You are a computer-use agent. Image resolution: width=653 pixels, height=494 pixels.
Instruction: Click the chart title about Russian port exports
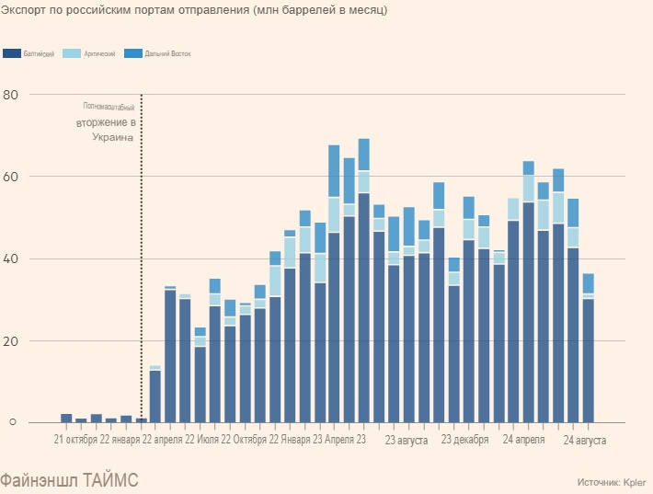[x=194, y=10]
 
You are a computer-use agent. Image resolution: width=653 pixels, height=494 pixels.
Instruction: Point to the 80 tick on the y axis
[x=10, y=95]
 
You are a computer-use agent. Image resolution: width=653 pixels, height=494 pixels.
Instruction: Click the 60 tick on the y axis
[x=10, y=177]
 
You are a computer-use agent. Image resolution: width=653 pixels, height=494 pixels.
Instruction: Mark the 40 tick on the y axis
[x=10, y=258]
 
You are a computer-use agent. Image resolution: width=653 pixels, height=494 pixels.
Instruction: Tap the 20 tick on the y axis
[x=10, y=340]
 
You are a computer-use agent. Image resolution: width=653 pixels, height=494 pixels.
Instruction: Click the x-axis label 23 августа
[x=406, y=441]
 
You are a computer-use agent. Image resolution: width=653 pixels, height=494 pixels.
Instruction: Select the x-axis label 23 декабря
[x=464, y=441]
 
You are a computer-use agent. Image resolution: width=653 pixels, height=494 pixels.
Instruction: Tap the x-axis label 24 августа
[x=585, y=441]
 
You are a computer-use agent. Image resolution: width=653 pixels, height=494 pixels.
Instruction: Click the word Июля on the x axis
[x=208, y=441]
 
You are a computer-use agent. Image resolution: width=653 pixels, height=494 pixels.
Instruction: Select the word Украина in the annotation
[x=112, y=137]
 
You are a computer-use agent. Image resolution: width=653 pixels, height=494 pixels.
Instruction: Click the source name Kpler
[x=634, y=481]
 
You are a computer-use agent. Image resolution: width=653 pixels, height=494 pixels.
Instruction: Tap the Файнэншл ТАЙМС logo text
[x=70, y=480]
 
